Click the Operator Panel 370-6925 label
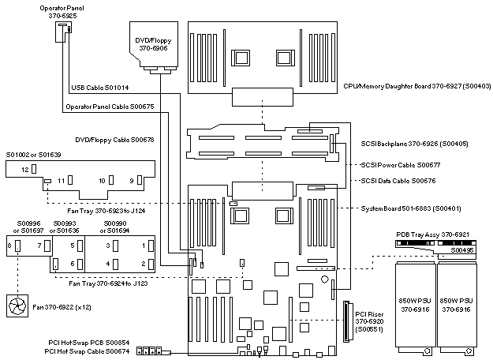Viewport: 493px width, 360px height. tap(63, 10)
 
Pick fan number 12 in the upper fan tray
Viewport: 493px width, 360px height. tap(24, 170)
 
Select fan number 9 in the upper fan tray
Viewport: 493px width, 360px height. tap(133, 181)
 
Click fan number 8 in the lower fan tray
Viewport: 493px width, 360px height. tap(9, 246)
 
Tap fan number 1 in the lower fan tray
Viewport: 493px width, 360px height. tap(143, 246)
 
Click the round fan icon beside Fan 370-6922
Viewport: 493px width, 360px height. tap(17, 304)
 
